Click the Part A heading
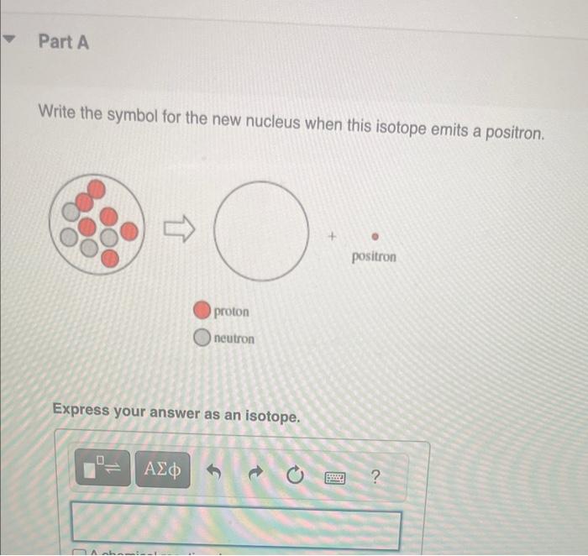(x=63, y=42)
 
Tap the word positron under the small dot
(x=374, y=256)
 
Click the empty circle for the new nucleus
(x=259, y=231)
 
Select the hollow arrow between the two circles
(x=179, y=227)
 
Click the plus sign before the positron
(x=333, y=239)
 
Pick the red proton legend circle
(x=202, y=311)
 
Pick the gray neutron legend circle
(x=202, y=338)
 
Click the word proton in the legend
(x=232, y=312)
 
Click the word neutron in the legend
(x=234, y=338)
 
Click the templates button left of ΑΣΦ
(x=104, y=468)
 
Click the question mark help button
(x=375, y=479)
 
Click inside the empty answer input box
(x=235, y=526)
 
